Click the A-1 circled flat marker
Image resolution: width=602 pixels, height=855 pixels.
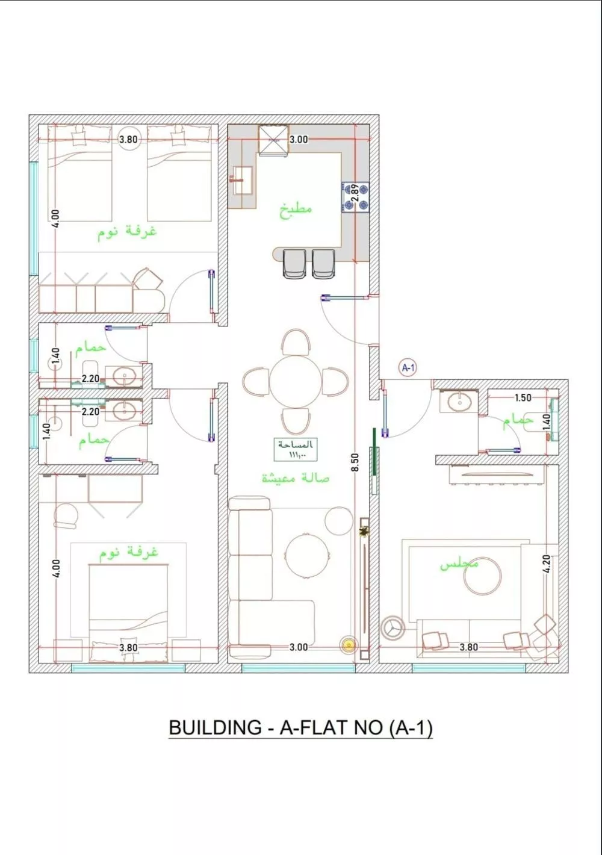tap(408, 367)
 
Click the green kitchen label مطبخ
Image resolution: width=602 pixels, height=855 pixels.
tap(296, 210)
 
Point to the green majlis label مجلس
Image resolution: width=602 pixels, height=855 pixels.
tap(459, 564)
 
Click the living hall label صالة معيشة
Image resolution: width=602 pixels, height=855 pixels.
tap(296, 477)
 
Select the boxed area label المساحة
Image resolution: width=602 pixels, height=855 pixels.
tap(296, 449)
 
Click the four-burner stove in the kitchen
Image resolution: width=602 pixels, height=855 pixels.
tap(355, 198)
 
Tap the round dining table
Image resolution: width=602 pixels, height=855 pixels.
tap(296, 382)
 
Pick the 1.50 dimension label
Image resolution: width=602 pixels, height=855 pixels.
tap(523, 397)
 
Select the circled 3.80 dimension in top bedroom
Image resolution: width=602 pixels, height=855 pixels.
tap(128, 140)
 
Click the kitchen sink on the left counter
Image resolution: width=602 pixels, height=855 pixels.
tap(243, 179)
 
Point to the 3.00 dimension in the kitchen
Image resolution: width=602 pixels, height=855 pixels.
tap(299, 140)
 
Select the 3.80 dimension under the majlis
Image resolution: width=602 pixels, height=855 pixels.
tap(468, 647)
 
